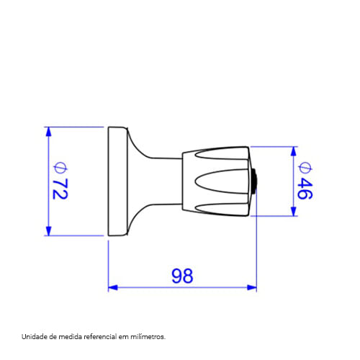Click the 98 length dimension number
pyautogui.click(x=182, y=276)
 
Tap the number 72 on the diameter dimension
pyautogui.click(x=60, y=189)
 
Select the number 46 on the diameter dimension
pyautogui.click(x=305, y=189)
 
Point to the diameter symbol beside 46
pyautogui.click(x=305, y=168)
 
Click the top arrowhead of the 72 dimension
pyautogui.click(x=48, y=132)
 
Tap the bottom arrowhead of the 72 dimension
pyautogui.click(x=48, y=231)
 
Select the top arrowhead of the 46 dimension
pyautogui.click(x=293, y=151)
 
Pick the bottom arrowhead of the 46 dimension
pyautogui.click(x=293, y=211)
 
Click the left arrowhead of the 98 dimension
pyautogui.click(x=113, y=287)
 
